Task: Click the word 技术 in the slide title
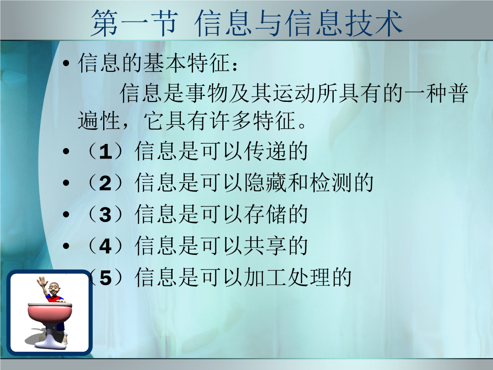coord(374,23)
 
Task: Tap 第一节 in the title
coord(135,23)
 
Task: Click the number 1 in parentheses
coord(105,152)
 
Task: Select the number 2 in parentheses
coord(105,184)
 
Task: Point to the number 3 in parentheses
coord(105,215)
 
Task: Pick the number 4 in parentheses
coord(105,246)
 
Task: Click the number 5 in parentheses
coord(105,278)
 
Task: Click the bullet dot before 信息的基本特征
coord(66,63)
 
